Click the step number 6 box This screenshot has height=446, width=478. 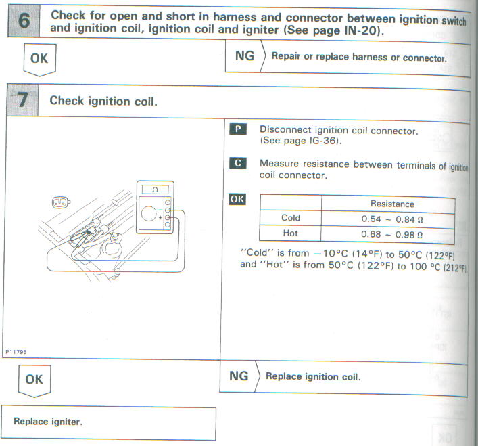(24, 21)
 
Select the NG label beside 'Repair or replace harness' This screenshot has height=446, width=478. (245, 56)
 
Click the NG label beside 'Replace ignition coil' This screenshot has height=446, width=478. (239, 376)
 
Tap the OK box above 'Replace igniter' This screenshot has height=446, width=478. (33, 380)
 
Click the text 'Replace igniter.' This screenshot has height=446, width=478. (48, 421)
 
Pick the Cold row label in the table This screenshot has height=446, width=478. (290, 218)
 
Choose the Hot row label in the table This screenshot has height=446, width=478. (290, 233)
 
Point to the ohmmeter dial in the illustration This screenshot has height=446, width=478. (150, 217)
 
